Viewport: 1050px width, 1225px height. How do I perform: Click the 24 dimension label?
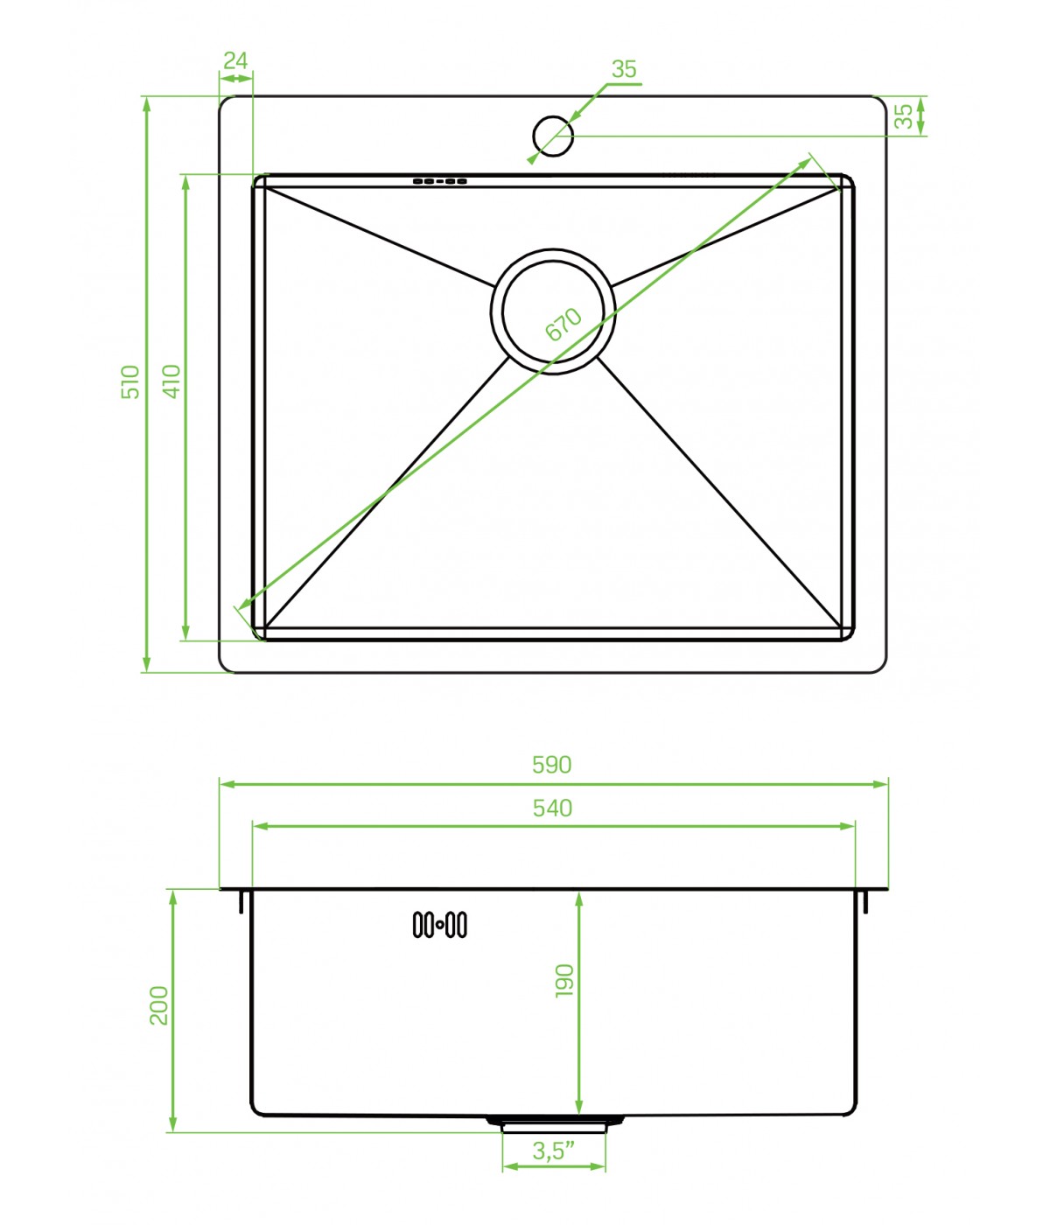235,60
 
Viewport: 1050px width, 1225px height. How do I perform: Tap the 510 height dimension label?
130,382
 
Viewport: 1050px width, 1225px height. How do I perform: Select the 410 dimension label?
171,381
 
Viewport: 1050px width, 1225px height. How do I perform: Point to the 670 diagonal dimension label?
563,324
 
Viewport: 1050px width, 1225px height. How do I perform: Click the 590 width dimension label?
551,765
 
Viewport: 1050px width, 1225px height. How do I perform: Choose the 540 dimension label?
552,808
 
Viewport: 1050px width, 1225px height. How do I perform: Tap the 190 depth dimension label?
564,981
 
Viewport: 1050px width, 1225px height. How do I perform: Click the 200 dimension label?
158,1005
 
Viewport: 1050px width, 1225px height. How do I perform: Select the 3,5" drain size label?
554,1151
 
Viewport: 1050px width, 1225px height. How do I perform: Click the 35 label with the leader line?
624,69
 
